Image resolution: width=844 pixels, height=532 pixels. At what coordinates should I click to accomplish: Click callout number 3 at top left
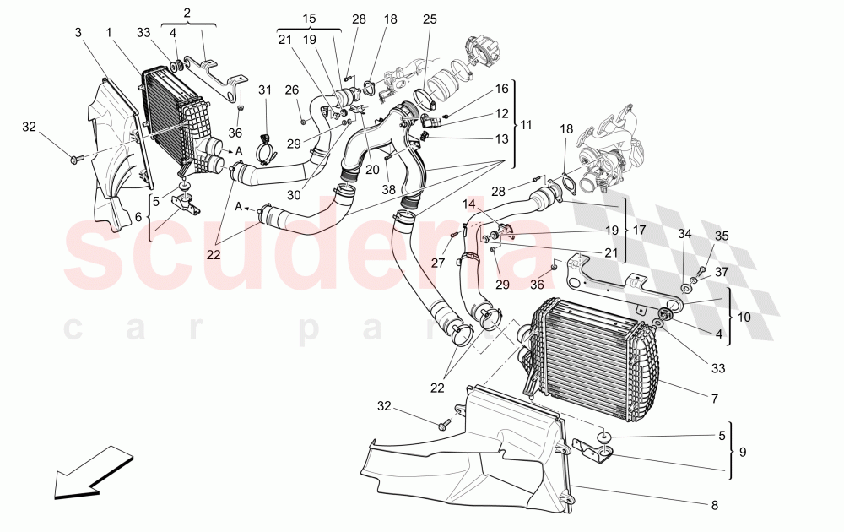(78, 32)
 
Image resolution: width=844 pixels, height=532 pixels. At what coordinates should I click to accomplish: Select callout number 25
(430, 19)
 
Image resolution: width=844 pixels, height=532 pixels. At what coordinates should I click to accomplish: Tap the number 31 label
(265, 90)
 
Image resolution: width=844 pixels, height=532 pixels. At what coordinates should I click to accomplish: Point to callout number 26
(291, 90)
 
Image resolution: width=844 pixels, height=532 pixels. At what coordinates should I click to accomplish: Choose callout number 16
(502, 88)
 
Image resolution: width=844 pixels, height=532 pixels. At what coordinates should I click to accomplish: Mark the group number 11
(527, 125)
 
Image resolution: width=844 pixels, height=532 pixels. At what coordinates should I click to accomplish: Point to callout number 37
(722, 271)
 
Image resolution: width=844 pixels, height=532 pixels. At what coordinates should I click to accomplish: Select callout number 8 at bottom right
(715, 506)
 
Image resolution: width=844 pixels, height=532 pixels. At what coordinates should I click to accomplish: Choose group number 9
(743, 452)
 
